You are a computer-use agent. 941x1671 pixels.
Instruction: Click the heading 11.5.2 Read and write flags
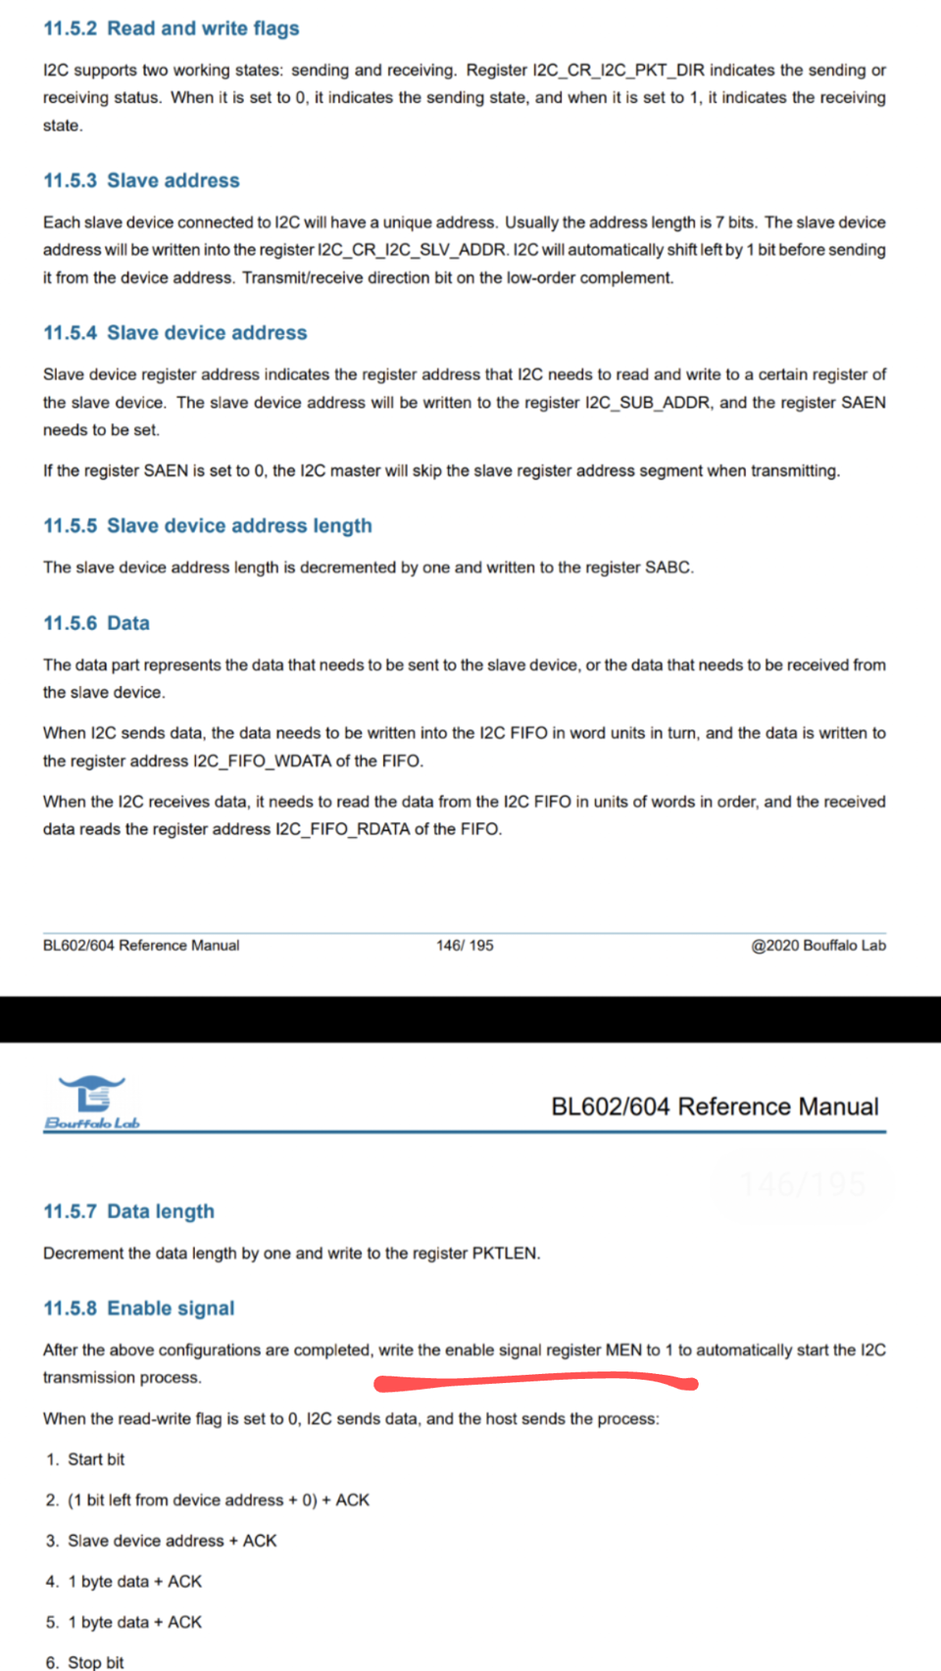point(172,28)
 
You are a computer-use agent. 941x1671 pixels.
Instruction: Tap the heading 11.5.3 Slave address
point(141,180)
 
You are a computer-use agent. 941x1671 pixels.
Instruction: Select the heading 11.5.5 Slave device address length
point(208,525)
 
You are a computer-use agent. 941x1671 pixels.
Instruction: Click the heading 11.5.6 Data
point(96,623)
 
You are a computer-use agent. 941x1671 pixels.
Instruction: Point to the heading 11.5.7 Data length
point(128,1211)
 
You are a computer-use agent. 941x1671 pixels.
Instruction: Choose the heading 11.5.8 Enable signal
point(139,1308)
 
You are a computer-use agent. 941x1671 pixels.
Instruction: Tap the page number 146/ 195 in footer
point(465,946)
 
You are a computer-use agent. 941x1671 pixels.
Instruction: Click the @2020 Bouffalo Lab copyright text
point(817,946)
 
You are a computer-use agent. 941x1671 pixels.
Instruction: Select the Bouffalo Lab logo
point(92,1103)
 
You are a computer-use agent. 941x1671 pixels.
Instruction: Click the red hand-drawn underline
point(535,1382)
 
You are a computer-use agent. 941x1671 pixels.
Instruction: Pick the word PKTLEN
point(504,1253)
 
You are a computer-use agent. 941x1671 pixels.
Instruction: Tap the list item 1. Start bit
point(85,1459)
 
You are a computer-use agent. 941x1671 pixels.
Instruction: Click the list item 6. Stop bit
point(85,1662)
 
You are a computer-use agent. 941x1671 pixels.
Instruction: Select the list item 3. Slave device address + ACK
point(162,1541)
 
